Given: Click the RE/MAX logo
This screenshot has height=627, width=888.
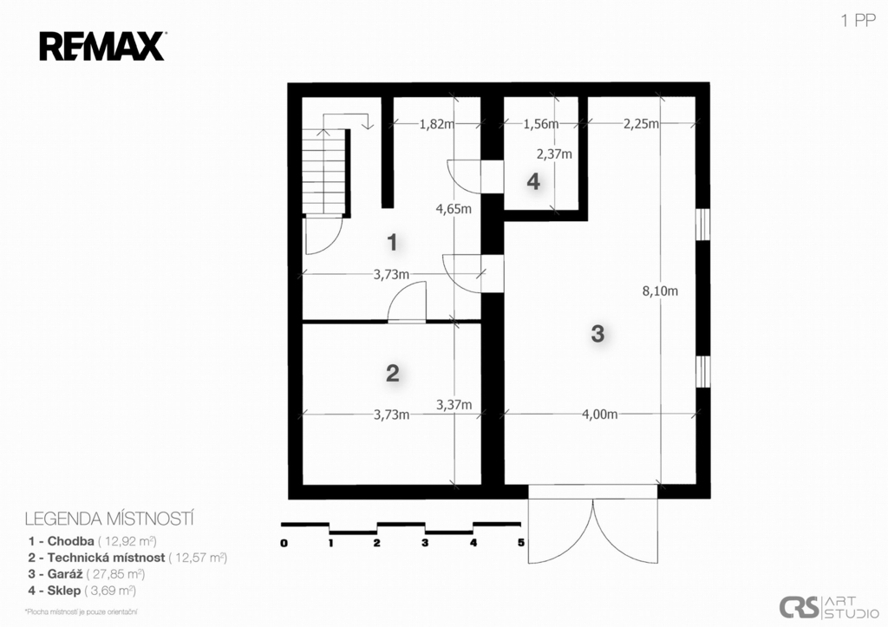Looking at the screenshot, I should click(101, 46).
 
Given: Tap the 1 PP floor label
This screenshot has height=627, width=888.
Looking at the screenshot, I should click(859, 22).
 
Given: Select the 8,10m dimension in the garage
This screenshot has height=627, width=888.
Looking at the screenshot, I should click(659, 291).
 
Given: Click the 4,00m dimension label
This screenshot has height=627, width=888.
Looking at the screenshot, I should click(599, 415).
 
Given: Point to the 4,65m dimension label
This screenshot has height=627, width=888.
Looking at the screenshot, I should click(454, 209).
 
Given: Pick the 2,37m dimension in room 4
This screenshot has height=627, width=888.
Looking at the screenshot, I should click(554, 154).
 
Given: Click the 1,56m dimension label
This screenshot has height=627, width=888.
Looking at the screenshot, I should click(540, 124).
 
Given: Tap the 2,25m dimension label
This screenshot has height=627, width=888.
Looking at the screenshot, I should click(641, 124).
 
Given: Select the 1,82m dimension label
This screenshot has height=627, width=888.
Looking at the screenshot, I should click(436, 124).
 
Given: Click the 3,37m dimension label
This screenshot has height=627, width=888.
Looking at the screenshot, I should click(454, 404).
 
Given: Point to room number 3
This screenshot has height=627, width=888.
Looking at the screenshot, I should click(597, 333).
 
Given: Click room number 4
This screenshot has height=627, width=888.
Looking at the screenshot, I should click(533, 182).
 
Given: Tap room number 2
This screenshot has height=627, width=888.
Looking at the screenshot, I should click(392, 373).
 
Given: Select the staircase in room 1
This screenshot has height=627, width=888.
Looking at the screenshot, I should click(327, 172).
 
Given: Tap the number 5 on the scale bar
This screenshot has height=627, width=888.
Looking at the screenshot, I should click(520, 544).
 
